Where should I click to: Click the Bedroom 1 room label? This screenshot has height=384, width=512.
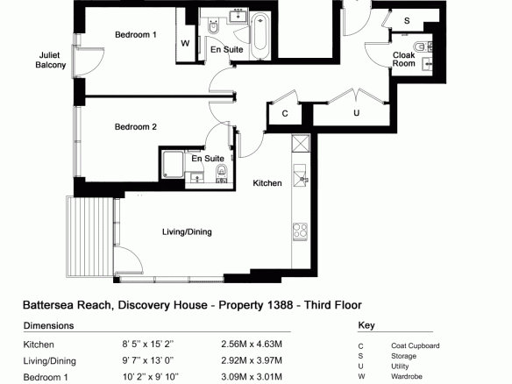pyautogui.click(x=136, y=34)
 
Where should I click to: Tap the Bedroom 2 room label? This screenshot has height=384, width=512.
pyautogui.click(x=136, y=127)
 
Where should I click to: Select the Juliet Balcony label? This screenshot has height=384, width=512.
pyautogui.click(x=50, y=60)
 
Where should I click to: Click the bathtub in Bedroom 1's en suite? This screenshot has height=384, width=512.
pyautogui.click(x=260, y=36)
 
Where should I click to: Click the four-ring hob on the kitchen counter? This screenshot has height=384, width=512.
pyautogui.click(x=300, y=231)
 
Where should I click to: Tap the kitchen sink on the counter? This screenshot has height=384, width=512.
pyautogui.click(x=300, y=175)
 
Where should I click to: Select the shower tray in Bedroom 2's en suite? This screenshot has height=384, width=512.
pyautogui.click(x=173, y=165)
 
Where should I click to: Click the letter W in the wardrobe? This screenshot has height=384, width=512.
pyautogui.click(x=185, y=43)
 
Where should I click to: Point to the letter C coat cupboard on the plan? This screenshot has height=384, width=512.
pyautogui.click(x=285, y=113)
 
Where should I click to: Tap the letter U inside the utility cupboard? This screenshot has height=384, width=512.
pyautogui.click(x=356, y=113)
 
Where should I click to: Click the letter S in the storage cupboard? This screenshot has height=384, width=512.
pyautogui.click(x=407, y=21)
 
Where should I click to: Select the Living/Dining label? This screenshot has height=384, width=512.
pyautogui.click(x=187, y=231)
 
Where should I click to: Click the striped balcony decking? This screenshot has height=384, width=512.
pyautogui.click(x=90, y=237)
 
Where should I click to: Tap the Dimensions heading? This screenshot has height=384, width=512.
pyautogui.click(x=48, y=325)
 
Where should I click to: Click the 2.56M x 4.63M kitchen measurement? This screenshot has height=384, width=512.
pyautogui.click(x=252, y=345)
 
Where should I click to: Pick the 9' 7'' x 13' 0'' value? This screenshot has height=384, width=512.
pyautogui.click(x=148, y=360)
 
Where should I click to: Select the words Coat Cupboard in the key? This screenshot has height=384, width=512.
pyautogui.click(x=416, y=345)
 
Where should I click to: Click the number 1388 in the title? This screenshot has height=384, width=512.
pyautogui.click(x=280, y=305)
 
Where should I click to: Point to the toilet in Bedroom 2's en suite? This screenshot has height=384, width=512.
pyautogui.click(x=222, y=172)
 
